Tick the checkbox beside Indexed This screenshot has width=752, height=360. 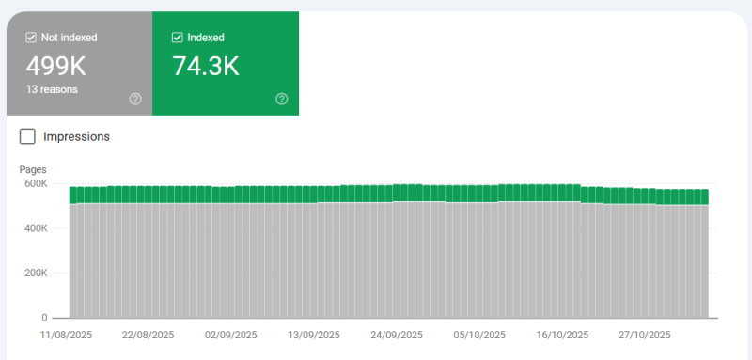coord(178,38)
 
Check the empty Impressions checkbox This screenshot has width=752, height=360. coord(28,136)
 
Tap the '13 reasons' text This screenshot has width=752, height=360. coord(52,89)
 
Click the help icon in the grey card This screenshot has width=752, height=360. coord(134,99)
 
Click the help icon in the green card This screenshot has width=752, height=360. coord(282,99)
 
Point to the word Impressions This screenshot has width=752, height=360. coord(77,136)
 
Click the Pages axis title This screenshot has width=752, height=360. coord(33,169)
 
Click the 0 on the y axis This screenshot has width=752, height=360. coord(43,318)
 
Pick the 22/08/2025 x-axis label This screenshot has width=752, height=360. coord(148,335)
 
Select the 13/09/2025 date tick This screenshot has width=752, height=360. coord(315,335)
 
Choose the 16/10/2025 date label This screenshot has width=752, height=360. coord(561,335)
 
